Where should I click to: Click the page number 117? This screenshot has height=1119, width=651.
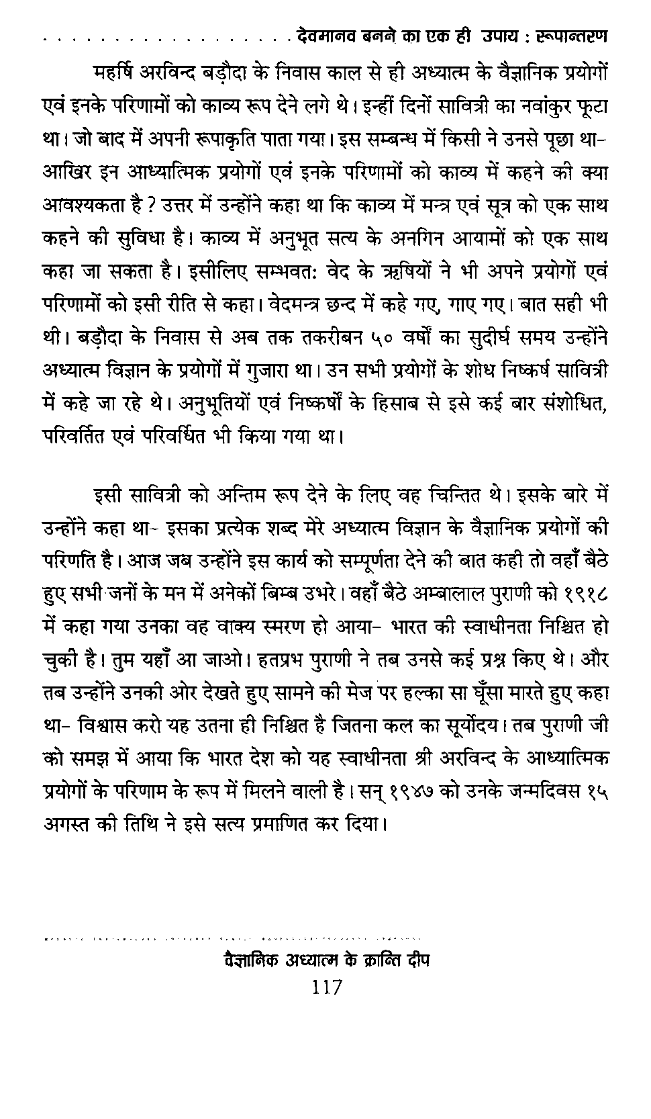click(x=327, y=987)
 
